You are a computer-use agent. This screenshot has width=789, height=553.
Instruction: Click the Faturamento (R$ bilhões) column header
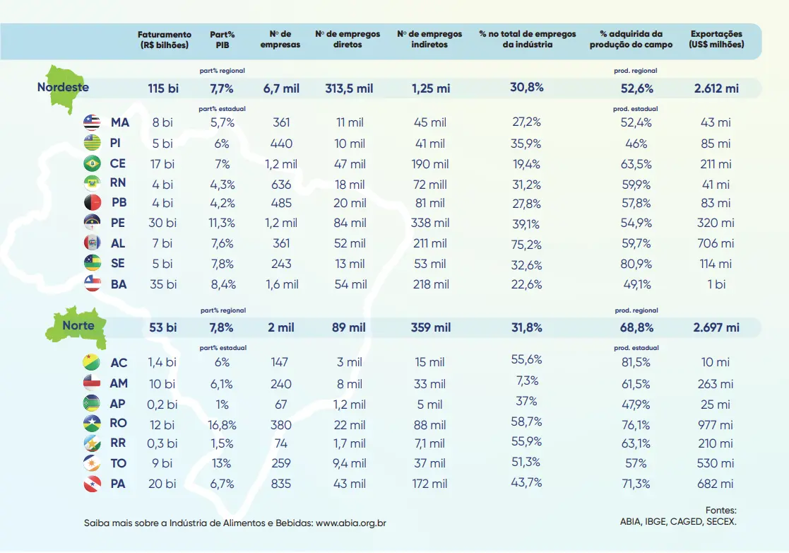[164, 39]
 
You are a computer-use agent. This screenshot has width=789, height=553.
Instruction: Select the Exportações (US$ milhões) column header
[716, 39]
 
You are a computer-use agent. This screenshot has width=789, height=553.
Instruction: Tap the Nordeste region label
[63, 88]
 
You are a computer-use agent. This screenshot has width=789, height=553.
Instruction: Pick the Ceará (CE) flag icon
[92, 163]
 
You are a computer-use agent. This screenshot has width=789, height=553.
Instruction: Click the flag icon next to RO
[92, 424]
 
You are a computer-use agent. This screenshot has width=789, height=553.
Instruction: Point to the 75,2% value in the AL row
[526, 244]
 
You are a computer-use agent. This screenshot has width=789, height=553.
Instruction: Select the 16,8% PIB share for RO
[222, 425]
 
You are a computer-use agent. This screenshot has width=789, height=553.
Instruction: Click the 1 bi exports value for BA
[716, 284]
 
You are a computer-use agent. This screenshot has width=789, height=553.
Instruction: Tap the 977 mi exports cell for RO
[716, 425]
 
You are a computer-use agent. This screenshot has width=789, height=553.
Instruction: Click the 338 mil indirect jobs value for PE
[429, 223]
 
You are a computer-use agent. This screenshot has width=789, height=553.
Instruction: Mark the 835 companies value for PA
[280, 484]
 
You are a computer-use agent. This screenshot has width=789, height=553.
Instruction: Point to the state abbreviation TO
[118, 463]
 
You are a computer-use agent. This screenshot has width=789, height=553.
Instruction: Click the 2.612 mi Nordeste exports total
[716, 88]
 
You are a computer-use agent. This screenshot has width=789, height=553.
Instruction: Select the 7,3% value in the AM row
[526, 380]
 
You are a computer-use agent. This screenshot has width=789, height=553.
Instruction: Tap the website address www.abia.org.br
[351, 523]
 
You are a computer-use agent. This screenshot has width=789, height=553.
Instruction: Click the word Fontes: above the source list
[720, 510]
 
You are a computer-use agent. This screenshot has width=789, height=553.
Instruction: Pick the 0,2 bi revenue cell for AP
[162, 404]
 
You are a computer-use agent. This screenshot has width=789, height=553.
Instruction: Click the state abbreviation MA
[119, 122]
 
